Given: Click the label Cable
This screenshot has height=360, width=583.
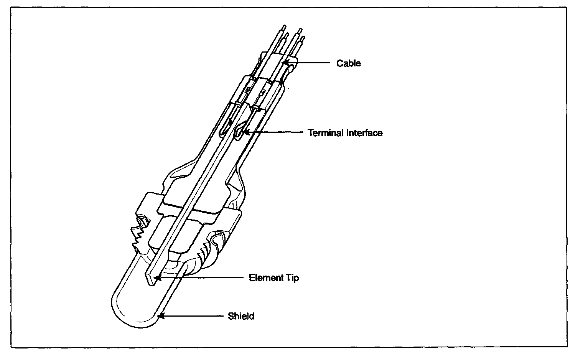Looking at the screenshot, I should tap(348, 63).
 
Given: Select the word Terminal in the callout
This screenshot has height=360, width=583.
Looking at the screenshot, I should tap(326, 133).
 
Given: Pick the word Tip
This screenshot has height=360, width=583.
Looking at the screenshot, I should tap(291, 278).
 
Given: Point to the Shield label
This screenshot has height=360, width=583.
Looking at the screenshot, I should tap(241, 317).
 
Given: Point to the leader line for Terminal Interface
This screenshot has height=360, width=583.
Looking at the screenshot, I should tap(276, 132).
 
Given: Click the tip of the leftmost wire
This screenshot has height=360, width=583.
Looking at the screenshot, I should tap(284, 28).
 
